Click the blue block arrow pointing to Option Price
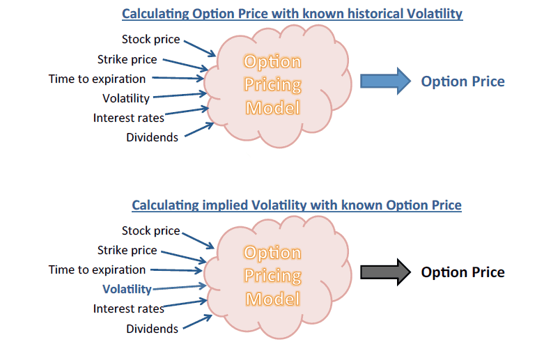pos(385,81)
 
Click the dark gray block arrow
pos(385,272)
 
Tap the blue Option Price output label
pos(463,82)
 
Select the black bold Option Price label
pos(463,272)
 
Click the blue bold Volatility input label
pos(127,289)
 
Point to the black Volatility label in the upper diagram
pos(126,98)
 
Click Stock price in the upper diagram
pos(151,39)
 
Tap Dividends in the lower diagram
pos(152,329)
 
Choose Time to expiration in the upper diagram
pos(97,79)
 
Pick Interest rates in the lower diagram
pos(128,308)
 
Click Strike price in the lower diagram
pos(127,250)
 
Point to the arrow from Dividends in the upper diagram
pos(199,130)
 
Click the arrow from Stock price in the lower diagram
pos(198,241)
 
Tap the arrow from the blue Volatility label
pos(180,287)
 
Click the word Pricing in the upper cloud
pos(272,85)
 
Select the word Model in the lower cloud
pos(272,299)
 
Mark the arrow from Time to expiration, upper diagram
pos(178,79)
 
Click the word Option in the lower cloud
pos(272,253)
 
